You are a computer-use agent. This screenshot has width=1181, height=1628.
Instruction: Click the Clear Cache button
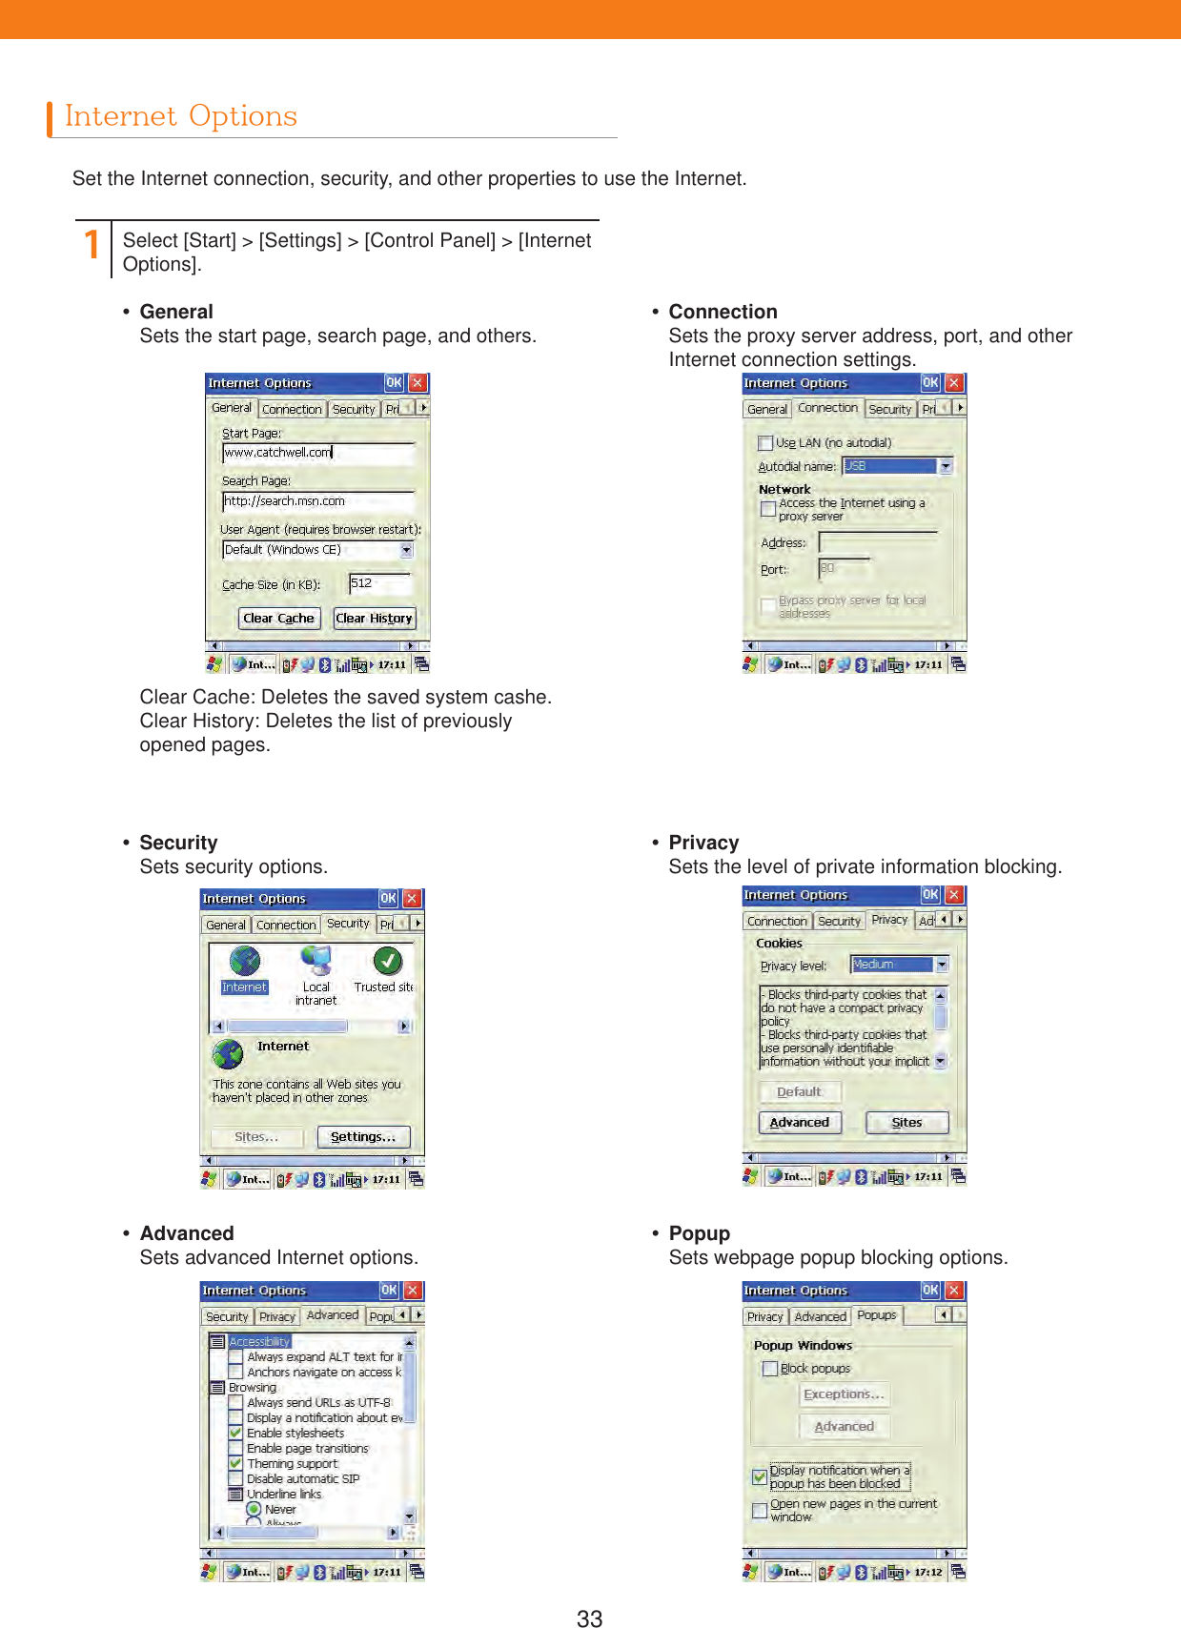click(x=278, y=619)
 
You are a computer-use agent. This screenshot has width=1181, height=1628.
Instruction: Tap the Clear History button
click(x=374, y=619)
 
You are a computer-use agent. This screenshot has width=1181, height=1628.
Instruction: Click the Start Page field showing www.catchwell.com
click(x=318, y=453)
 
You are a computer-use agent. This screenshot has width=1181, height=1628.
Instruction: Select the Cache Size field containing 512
click(x=378, y=583)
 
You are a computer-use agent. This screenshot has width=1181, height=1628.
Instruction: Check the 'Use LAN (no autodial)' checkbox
click(x=765, y=443)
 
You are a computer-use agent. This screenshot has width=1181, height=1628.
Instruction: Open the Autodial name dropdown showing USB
click(x=946, y=466)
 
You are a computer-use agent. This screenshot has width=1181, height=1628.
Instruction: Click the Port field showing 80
click(x=844, y=569)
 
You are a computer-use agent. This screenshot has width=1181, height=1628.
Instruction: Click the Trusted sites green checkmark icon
click(x=387, y=961)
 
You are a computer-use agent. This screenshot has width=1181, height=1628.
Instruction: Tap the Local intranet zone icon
click(x=316, y=961)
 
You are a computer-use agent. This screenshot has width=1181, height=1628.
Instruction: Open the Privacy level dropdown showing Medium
click(x=942, y=965)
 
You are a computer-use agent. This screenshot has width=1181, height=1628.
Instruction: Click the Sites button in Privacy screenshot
click(x=906, y=1123)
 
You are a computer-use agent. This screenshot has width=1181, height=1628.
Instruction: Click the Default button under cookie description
click(x=799, y=1092)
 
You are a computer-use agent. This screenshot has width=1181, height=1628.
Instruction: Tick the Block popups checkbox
click(x=770, y=1369)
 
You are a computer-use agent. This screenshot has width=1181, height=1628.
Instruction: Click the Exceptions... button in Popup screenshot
click(x=844, y=1394)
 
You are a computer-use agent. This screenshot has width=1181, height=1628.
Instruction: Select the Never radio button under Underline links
click(x=254, y=1510)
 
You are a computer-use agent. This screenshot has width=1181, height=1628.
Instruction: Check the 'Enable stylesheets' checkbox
click(x=235, y=1433)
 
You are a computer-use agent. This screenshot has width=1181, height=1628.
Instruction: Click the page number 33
click(x=589, y=1618)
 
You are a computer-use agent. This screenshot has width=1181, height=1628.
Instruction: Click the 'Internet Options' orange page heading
click(x=181, y=116)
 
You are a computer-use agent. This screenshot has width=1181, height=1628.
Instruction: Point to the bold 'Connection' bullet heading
click(x=723, y=312)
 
